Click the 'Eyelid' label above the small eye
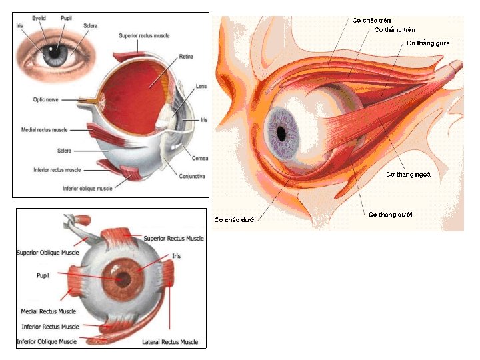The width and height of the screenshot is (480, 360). [43, 19]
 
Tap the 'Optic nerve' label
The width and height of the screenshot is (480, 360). [47, 100]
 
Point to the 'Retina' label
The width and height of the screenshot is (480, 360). [186, 58]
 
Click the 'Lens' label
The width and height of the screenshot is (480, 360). [201, 87]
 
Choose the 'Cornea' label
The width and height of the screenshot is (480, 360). [200, 159]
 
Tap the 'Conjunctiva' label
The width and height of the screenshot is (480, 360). [192, 176]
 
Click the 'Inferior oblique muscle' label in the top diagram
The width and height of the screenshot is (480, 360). [87, 189]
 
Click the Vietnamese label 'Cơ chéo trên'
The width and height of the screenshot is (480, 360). [371, 20]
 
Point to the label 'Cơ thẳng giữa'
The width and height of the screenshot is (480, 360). [428, 43]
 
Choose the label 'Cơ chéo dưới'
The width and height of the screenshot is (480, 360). [235, 219]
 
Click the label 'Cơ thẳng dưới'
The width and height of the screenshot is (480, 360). [391, 215]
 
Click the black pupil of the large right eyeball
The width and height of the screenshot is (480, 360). [282, 133]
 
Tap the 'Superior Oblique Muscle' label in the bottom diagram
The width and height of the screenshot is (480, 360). [47, 253]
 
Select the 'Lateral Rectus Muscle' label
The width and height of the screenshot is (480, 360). [170, 342]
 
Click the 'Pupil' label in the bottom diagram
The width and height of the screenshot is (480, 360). [47, 274]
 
